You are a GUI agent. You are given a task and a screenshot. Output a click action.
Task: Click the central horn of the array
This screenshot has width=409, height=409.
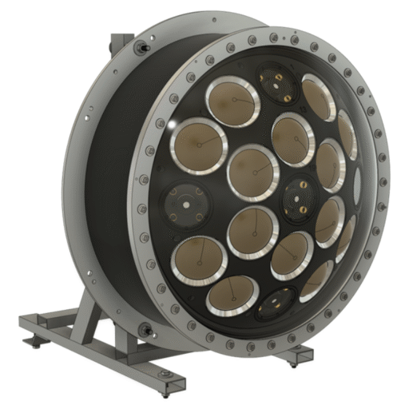click(252, 172)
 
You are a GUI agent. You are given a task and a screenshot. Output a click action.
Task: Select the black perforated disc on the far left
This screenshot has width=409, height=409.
click(185, 204)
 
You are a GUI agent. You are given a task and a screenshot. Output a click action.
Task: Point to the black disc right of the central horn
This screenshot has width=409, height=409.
click(300, 193)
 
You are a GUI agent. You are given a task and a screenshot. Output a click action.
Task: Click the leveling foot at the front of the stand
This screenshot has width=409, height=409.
click(165, 391)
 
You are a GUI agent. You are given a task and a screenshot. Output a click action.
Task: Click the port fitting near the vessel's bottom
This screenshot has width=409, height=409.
click(146, 330)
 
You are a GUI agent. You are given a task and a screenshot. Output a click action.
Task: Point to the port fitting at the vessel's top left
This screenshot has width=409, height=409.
click(141, 48)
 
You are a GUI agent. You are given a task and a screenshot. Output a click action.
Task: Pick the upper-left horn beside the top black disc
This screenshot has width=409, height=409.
click(232, 101)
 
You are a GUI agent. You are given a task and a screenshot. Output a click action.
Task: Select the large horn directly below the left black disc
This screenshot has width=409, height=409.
click(199, 260)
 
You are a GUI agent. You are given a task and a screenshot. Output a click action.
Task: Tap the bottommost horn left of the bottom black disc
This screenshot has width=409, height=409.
click(232, 296)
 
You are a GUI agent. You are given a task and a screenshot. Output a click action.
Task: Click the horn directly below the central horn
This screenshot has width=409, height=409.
click(252, 232)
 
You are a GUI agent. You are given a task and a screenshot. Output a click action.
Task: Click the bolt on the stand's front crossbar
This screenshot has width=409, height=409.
click(164, 375)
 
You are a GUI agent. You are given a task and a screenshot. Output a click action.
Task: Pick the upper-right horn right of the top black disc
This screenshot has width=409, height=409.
click(318, 97)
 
